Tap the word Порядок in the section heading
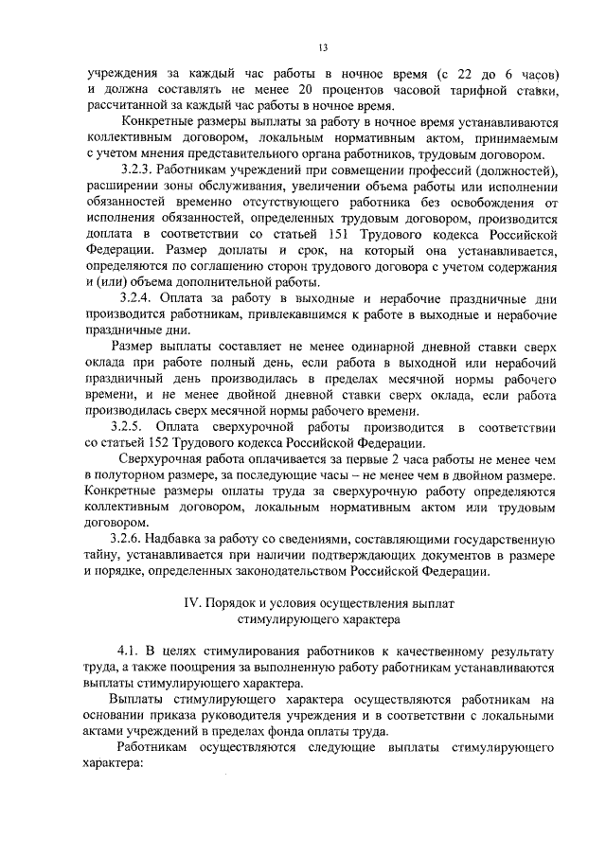point(236,603)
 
